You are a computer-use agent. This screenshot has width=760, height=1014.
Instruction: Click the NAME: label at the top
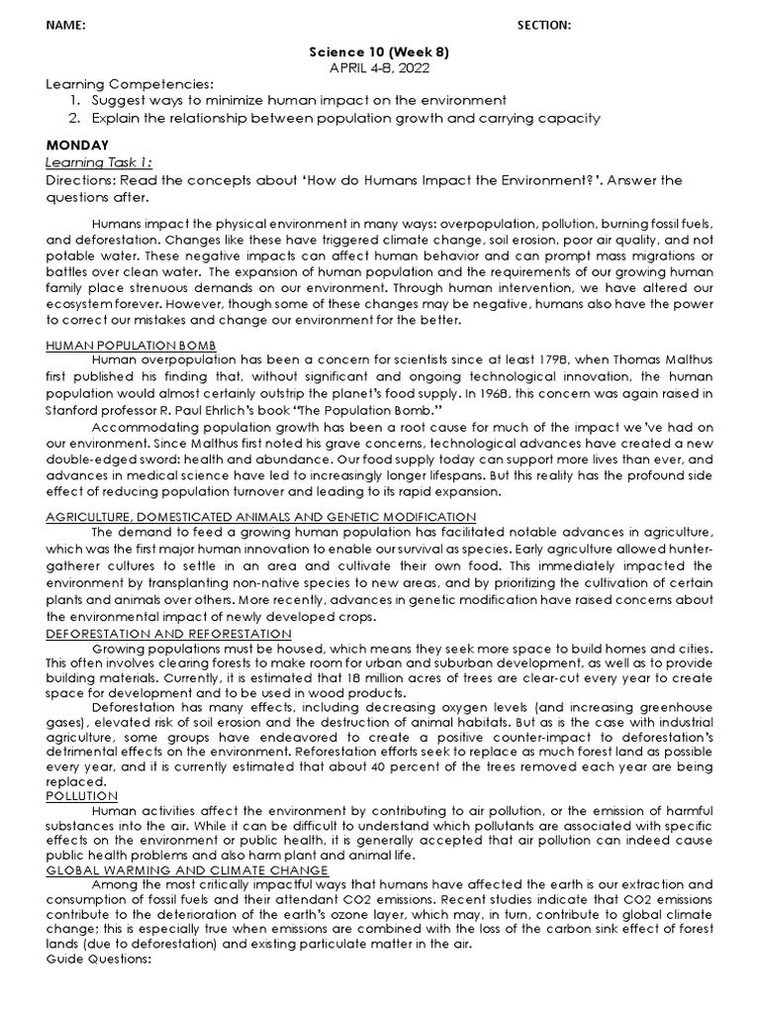point(66,25)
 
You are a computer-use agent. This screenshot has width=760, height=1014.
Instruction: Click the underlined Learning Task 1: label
point(99,161)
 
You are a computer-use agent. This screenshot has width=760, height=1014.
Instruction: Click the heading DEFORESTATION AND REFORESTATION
point(169,634)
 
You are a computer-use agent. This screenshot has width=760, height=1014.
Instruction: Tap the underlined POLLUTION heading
point(82,795)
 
